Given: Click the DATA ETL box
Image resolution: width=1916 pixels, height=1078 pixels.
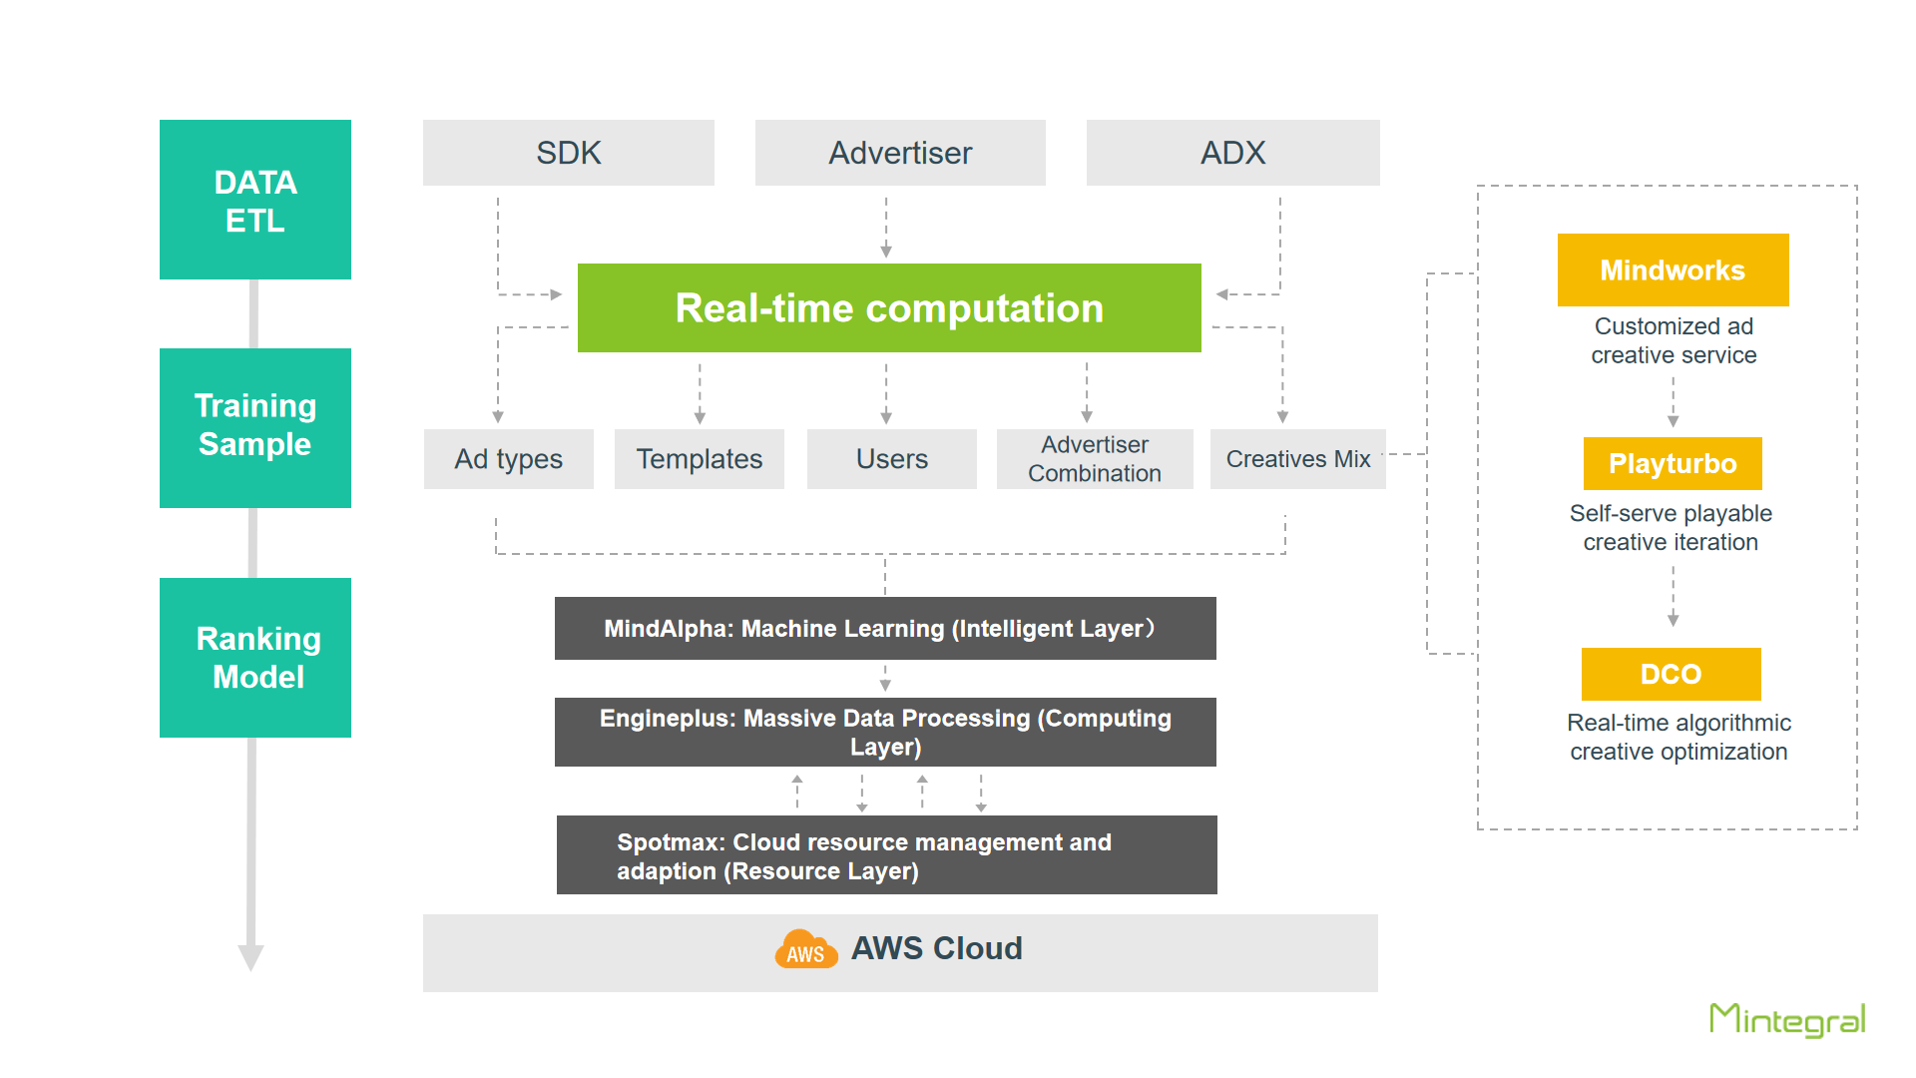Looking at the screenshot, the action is coord(255,200).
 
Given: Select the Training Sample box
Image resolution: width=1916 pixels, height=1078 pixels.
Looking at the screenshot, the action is coord(255,428).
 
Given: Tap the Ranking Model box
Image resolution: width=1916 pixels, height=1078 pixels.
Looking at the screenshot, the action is coord(255,658).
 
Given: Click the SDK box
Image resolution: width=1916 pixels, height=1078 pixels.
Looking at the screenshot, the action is coord(569,153).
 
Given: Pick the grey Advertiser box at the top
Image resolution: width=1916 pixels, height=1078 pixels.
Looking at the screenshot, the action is coord(900,153).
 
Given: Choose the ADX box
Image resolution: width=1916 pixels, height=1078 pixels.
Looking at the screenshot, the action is coord(1233,153).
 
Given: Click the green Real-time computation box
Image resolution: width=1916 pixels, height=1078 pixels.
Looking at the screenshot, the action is coord(889,307).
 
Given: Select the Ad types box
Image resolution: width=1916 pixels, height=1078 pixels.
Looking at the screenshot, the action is coord(509,459).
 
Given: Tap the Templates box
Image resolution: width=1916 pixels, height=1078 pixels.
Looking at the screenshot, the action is coord(700,459).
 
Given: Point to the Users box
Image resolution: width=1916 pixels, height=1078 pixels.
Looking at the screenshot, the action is coord(892,459).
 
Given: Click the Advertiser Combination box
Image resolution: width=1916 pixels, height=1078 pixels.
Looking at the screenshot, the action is coord(1095,459).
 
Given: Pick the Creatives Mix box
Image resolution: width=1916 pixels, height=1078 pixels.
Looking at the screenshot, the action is coord(1298,459).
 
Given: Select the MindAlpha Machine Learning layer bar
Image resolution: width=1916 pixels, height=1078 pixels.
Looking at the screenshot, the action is coord(885,628).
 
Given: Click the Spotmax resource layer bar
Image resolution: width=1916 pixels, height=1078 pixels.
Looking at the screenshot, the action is coord(887,855).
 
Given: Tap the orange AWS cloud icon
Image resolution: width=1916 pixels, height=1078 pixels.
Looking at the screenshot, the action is coord(806,949).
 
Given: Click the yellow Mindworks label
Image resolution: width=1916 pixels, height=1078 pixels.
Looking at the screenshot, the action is coord(1674,269).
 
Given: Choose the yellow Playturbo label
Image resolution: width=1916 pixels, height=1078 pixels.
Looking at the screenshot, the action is coord(1673,463).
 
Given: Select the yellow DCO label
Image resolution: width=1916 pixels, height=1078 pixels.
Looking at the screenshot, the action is coord(1672,674).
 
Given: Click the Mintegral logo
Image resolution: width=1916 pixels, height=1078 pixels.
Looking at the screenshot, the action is coord(1787,1020).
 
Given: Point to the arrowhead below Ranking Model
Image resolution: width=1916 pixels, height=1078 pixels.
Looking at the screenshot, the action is coord(250,957).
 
